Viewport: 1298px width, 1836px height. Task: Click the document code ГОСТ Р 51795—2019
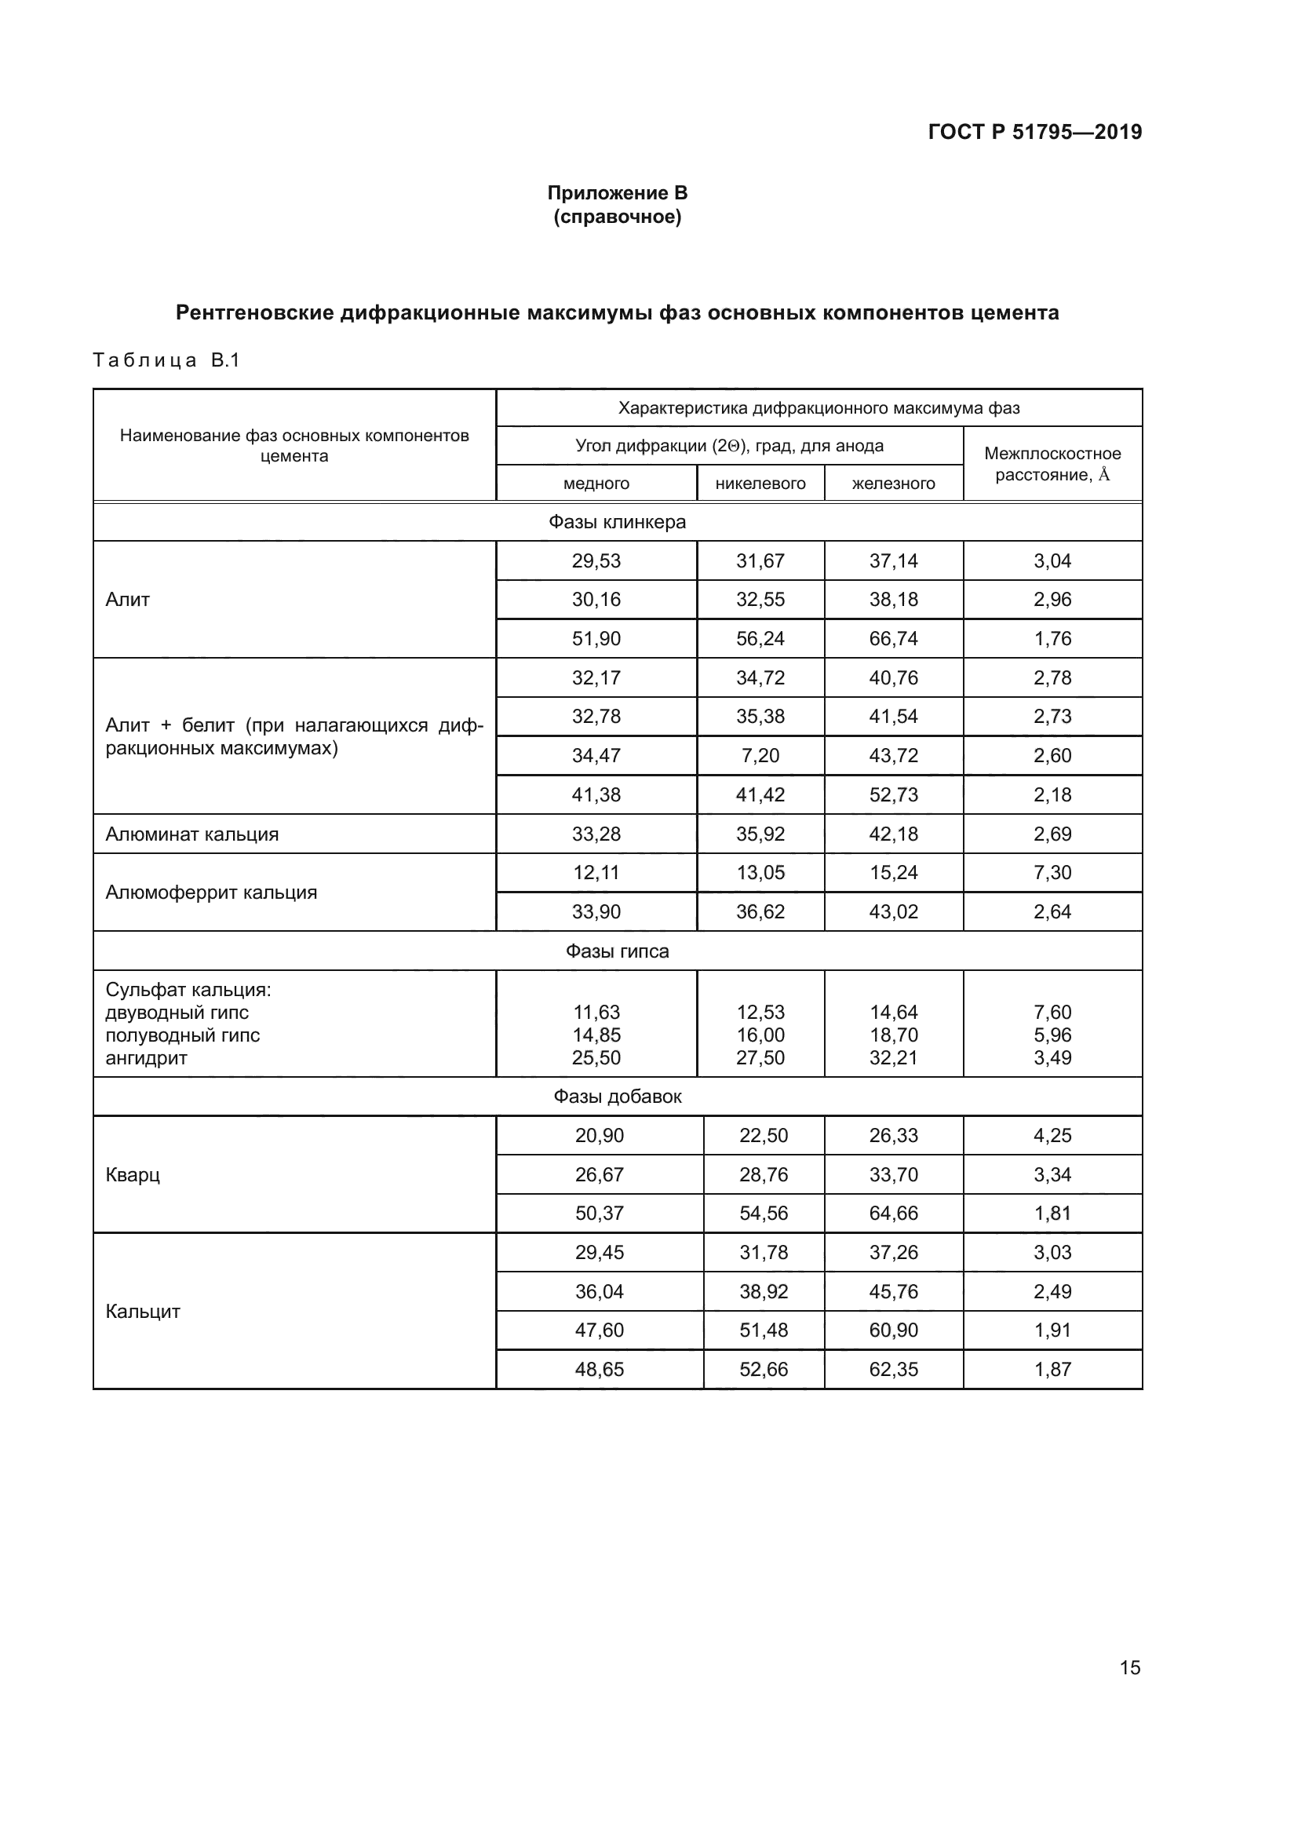(1034, 132)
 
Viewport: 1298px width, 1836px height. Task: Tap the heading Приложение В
(617, 193)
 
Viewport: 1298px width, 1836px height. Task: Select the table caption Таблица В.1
(166, 360)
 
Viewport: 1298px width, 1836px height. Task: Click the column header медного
(596, 484)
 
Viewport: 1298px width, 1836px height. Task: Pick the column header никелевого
(760, 484)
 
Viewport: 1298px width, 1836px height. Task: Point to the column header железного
(893, 484)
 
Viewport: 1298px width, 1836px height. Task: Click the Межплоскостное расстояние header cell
(1052, 464)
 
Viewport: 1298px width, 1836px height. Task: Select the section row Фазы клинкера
(617, 522)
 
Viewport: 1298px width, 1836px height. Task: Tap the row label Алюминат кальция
(191, 834)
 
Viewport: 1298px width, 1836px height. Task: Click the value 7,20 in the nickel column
(760, 756)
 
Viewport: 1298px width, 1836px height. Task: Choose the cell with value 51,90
(596, 639)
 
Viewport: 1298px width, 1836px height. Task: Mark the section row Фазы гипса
(617, 951)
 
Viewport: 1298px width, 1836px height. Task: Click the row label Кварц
(133, 1175)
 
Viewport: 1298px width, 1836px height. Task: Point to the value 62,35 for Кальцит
(893, 1370)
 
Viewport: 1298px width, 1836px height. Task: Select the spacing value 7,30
(1052, 872)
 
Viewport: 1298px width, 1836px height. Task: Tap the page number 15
(1129, 1667)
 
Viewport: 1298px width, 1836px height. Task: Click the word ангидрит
(146, 1058)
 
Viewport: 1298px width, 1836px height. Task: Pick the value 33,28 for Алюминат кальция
(596, 834)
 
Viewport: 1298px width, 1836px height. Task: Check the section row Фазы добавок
(617, 1097)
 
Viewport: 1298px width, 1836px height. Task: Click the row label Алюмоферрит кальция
(211, 892)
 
